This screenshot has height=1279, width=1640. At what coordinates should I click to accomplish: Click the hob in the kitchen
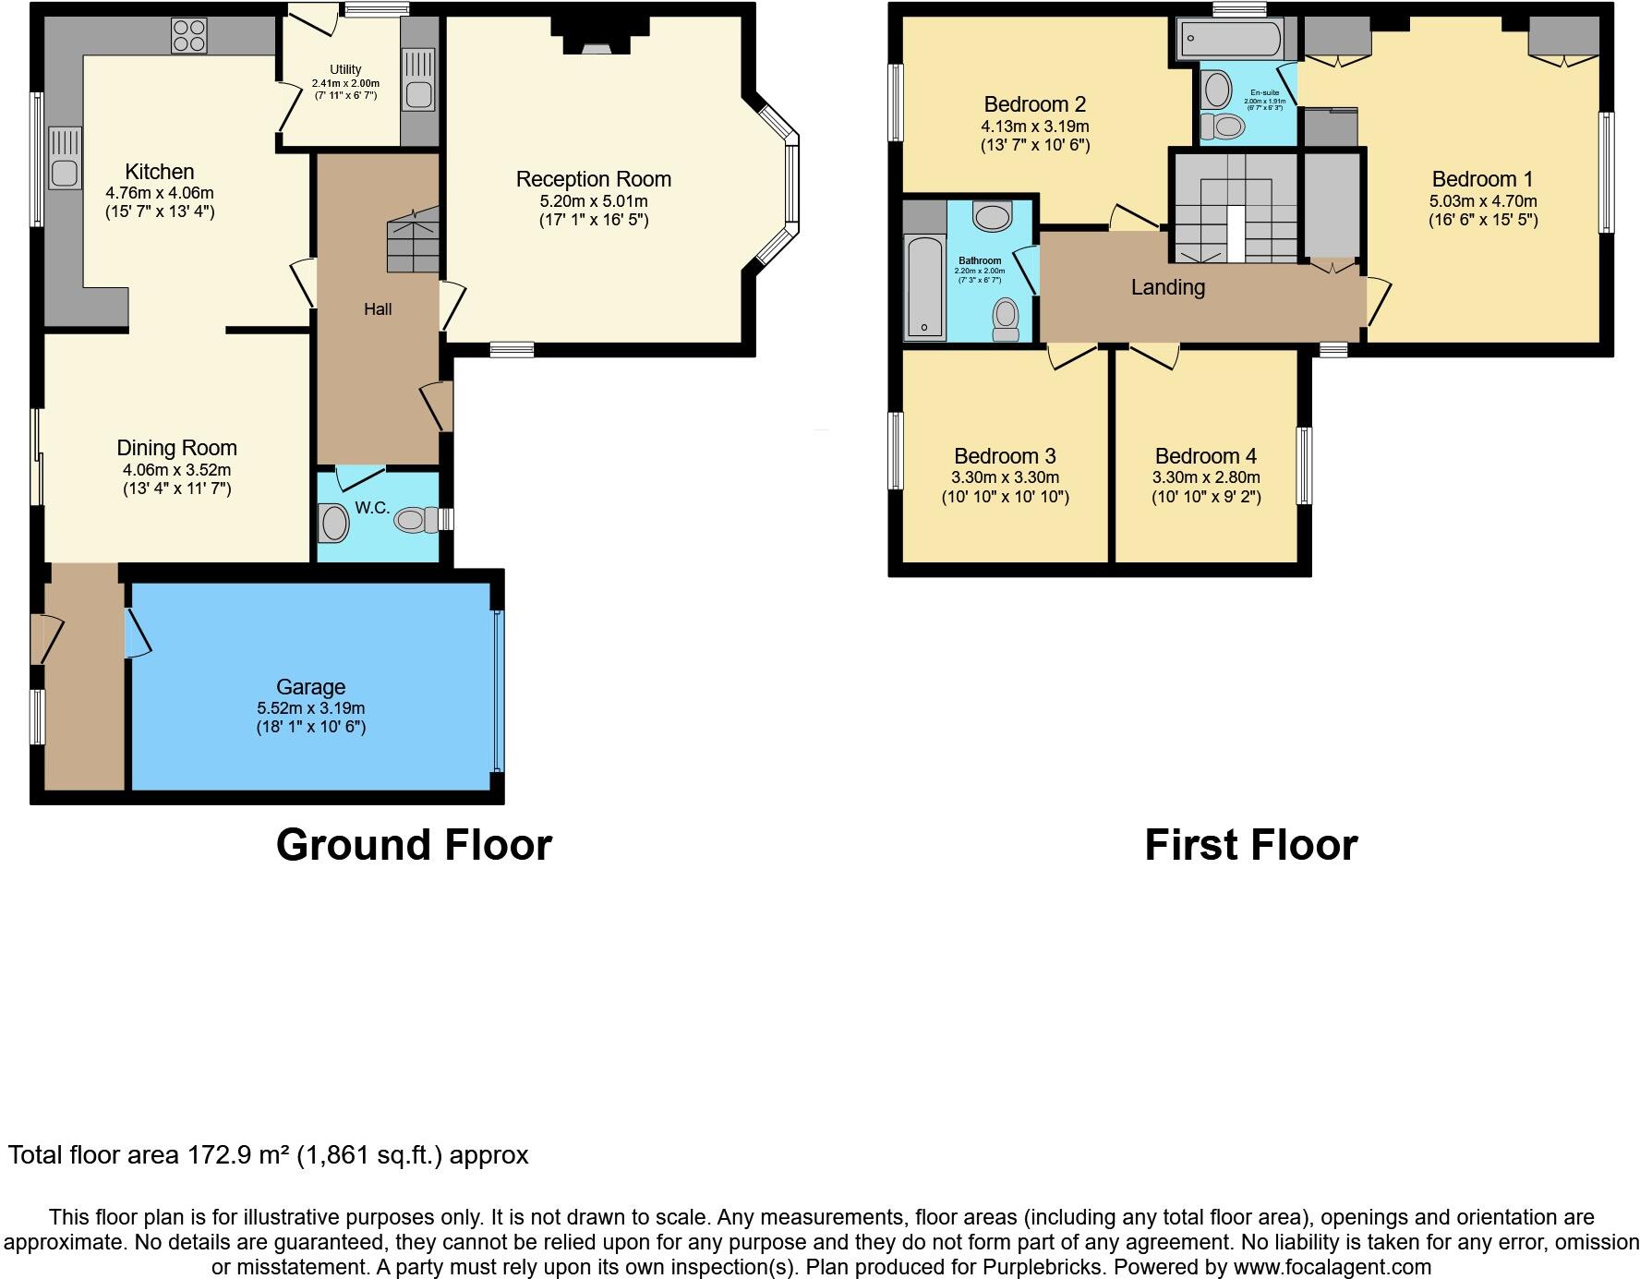tap(188, 36)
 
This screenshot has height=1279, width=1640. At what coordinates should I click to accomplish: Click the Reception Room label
tap(593, 179)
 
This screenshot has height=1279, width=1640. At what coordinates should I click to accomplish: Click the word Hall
tap(377, 309)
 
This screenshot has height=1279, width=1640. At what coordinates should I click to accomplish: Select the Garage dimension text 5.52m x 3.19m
tap(310, 708)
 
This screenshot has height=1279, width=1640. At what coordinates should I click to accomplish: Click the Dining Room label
tap(176, 448)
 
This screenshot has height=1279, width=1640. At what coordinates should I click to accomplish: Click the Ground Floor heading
tap(414, 845)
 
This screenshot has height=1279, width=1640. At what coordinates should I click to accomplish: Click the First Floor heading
tap(1250, 845)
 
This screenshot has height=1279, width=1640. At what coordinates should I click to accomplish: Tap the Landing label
tap(1167, 287)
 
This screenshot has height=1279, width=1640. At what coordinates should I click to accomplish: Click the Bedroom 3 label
tap(1005, 456)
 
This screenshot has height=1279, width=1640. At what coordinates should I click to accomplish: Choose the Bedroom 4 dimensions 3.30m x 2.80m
tap(1205, 477)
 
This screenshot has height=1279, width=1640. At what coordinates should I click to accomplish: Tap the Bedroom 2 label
tap(1034, 104)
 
